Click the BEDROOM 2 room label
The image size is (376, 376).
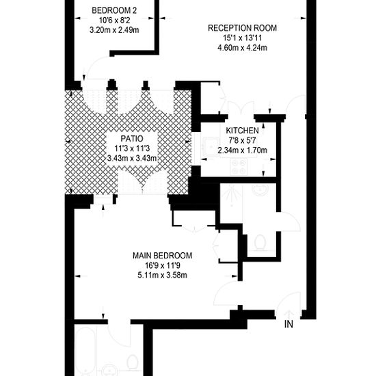pyautogui.click(x=114, y=10)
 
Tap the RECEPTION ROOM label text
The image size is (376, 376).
pyautogui.click(x=242, y=28)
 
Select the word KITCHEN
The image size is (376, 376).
pyautogui.click(x=242, y=131)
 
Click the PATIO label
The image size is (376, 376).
pyautogui.click(x=132, y=139)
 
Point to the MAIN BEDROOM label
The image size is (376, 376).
pyautogui.click(x=162, y=256)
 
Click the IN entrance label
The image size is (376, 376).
pyautogui.click(x=288, y=325)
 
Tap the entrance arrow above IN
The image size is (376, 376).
pyautogui.click(x=289, y=314)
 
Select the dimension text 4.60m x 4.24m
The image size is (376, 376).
pyautogui.click(x=242, y=48)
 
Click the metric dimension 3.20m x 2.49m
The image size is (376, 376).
pyautogui.click(x=114, y=30)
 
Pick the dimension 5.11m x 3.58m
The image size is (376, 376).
pyautogui.click(x=162, y=275)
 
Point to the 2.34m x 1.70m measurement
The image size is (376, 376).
pyautogui.click(x=242, y=150)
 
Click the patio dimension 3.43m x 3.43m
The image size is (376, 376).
pyautogui.click(x=132, y=159)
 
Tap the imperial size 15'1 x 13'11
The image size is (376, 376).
pyautogui.click(x=242, y=38)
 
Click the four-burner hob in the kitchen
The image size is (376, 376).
pyautogui.click(x=239, y=167)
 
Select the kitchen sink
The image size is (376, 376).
pyautogui.click(x=211, y=147)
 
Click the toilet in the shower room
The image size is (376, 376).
pyautogui.click(x=260, y=242)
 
